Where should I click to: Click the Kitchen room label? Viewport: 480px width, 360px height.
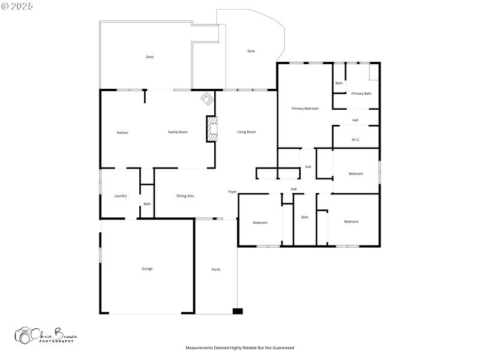point(122,133)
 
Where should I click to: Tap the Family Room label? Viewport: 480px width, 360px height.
point(178,132)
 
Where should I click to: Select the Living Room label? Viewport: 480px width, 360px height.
point(246,132)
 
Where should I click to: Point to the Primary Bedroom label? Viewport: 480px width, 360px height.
point(305,109)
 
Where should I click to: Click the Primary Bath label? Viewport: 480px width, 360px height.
point(361,94)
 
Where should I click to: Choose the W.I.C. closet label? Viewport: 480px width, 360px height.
point(355,140)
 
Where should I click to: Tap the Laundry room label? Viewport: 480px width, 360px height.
point(120,196)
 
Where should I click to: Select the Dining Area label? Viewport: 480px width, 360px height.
point(185,196)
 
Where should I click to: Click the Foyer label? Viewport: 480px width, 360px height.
point(232,192)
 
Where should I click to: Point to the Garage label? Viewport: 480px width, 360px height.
point(147,269)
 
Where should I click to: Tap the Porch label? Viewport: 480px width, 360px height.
point(216,269)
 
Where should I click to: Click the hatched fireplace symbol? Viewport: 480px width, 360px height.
point(211,128)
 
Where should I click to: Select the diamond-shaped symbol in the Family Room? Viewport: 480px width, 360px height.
point(207,97)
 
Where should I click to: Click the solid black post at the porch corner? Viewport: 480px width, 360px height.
point(238,311)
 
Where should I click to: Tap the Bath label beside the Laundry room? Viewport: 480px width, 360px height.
point(147,204)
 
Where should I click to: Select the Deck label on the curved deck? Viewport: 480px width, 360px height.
point(251,52)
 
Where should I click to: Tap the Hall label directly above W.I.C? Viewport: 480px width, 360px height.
point(355,120)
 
